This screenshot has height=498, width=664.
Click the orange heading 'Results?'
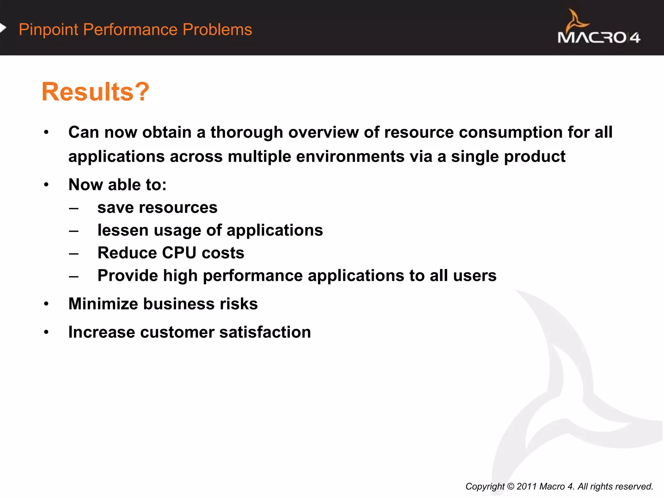[95, 92]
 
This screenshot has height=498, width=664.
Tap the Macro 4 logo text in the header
[599, 38]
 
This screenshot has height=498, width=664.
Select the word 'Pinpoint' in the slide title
[48, 30]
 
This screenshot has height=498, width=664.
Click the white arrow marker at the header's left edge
[3, 28]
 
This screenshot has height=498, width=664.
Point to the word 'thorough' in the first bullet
[247, 132]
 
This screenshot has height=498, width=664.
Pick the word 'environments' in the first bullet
[350, 157]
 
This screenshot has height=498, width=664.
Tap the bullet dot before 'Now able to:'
[46, 185]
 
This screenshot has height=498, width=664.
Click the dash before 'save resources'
[74, 208]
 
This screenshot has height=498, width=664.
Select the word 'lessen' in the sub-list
[123, 230]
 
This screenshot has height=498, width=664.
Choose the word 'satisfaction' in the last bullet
[265, 332]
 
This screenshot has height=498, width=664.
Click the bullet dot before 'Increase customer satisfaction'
[46, 332]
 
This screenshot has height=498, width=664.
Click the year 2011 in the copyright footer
[527, 486]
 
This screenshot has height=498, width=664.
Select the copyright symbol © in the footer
[511, 486]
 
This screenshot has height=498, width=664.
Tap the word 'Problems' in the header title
[217, 30]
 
